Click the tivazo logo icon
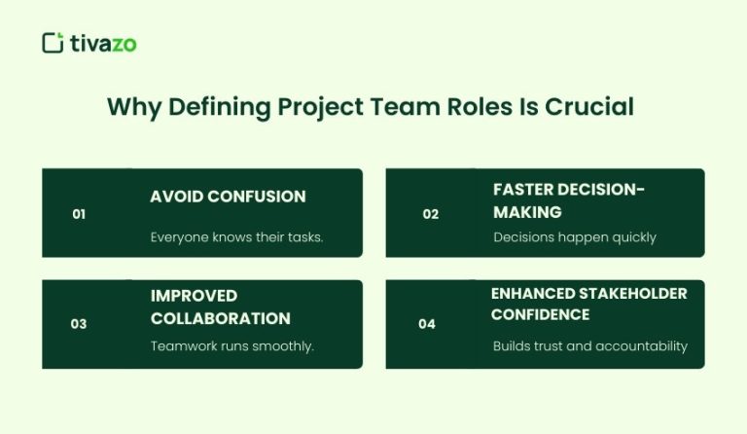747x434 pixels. tap(53, 42)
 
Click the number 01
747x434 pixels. tap(79, 214)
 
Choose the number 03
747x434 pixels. tap(79, 324)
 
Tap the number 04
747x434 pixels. tap(427, 324)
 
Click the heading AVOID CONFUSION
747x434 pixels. tap(228, 197)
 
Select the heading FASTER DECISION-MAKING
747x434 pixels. tap(569, 199)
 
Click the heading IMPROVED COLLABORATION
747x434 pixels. tap(220, 307)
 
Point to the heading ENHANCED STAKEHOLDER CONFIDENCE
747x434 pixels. tap(588, 304)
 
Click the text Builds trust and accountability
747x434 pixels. tap(589, 345)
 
